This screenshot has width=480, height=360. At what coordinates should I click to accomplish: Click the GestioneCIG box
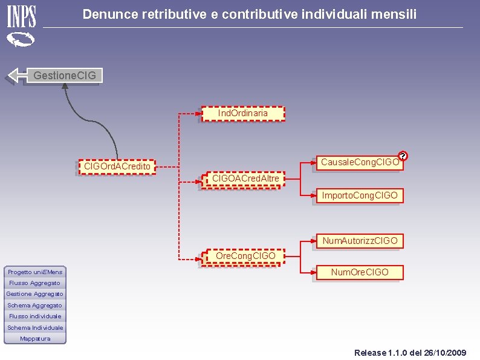click(x=65, y=76)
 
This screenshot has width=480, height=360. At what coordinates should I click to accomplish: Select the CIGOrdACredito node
click(x=117, y=166)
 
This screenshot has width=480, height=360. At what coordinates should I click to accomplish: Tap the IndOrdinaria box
click(x=243, y=114)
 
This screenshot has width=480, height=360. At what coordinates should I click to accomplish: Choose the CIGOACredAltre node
click(x=244, y=180)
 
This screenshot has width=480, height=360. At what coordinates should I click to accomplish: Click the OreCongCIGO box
click(x=244, y=257)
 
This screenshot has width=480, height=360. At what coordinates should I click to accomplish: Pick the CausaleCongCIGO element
click(x=360, y=163)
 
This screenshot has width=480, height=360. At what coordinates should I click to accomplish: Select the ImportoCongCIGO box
click(x=360, y=195)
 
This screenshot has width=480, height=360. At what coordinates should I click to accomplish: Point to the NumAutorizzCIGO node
click(x=360, y=241)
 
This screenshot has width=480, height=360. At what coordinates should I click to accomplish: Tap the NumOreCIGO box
click(x=360, y=272)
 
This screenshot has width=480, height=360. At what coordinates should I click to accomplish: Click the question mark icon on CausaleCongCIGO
click(x=403, y=156)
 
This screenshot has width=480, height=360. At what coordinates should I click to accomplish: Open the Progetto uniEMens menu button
click(x=35, y=272)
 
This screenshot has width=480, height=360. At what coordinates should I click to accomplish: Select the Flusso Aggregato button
click(x=35, y=283)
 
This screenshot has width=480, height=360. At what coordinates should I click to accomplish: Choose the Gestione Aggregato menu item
click(x=35, y=294)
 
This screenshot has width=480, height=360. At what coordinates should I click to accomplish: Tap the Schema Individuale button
click(x=35, y=327)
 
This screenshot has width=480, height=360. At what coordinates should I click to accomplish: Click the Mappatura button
click(x=35, y=339)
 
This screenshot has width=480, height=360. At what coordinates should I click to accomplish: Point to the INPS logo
click(x=21, y=27)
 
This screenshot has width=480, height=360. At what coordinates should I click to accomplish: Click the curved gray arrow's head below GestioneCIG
click(x=65, y=86)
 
